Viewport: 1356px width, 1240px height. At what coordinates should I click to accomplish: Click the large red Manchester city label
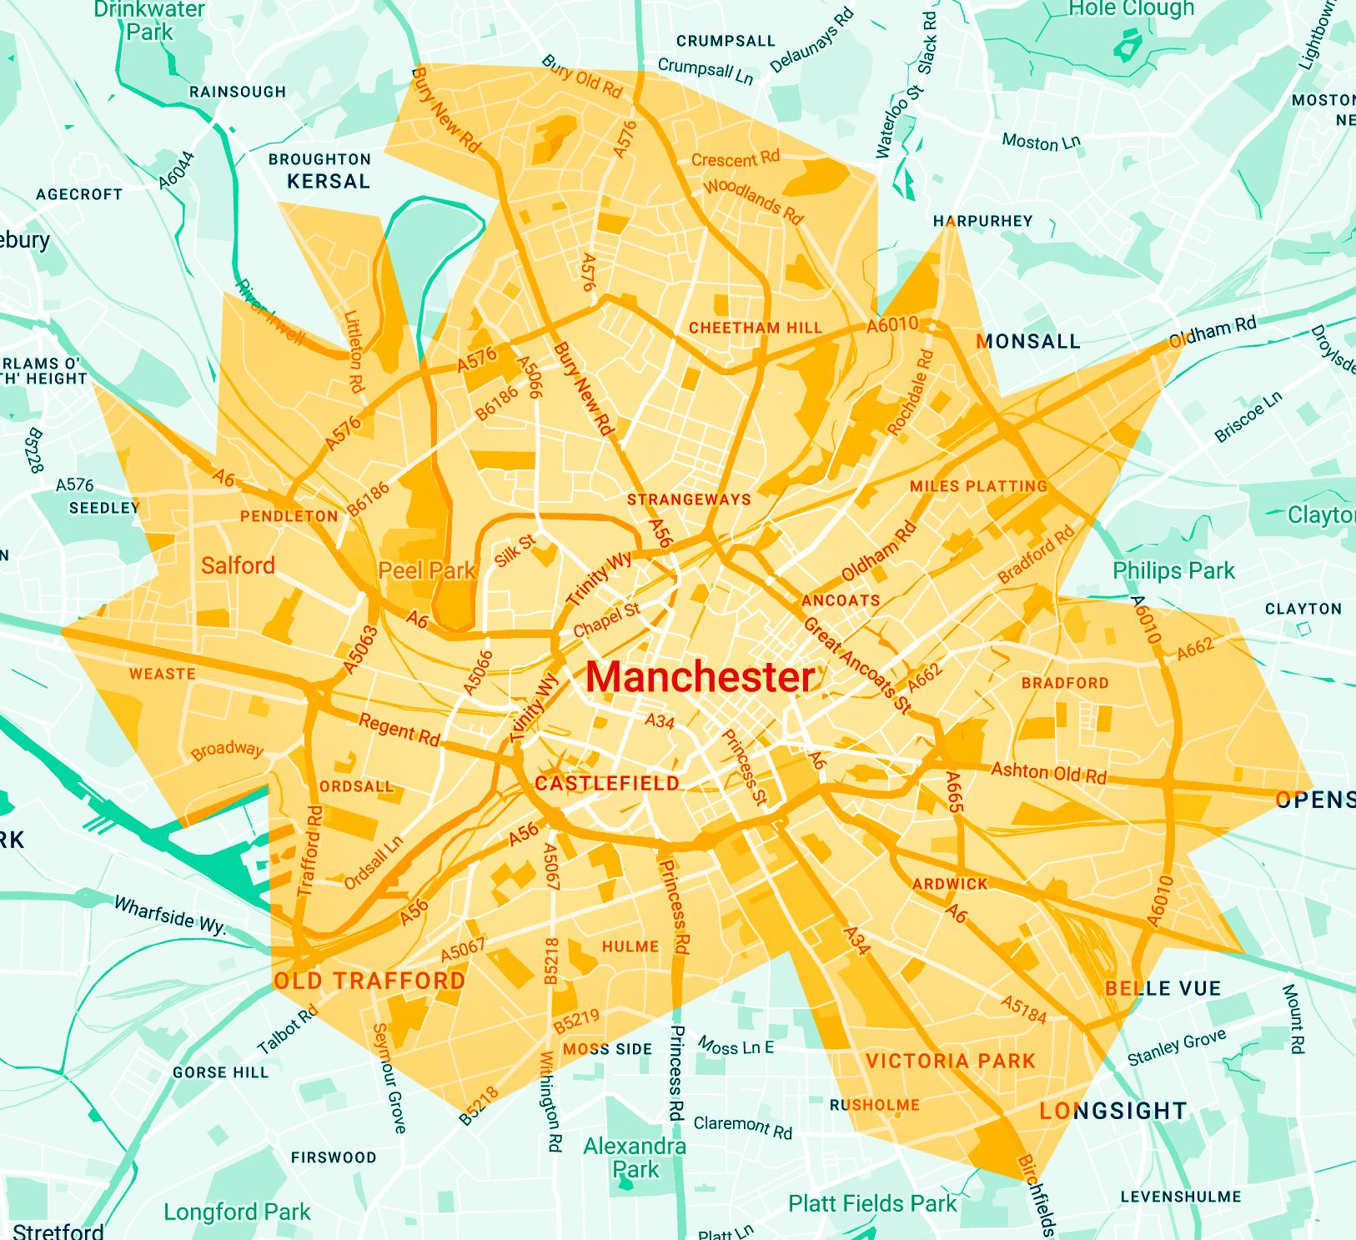(x=701, y=677)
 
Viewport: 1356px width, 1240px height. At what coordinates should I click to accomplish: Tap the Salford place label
(x=238, y=566)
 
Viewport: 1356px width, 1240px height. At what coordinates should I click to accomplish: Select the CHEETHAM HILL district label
(x=755, y=329)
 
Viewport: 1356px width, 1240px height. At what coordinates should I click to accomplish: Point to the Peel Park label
(x=426, y=571)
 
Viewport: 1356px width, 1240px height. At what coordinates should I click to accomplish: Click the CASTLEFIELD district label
(x=607, y=784)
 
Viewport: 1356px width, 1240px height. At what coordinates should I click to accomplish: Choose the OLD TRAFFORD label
(x=369, y=981)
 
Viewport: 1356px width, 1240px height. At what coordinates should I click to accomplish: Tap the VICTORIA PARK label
(x=950, y=1062)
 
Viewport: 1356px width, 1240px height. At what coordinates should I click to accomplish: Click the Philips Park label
(x=1173, y=571)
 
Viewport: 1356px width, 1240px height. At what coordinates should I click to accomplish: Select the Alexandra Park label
(x=635, y=1157)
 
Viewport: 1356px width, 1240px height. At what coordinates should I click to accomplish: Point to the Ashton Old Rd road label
(x=1048, y=773)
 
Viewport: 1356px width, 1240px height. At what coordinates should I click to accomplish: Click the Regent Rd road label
(x=399, y=730)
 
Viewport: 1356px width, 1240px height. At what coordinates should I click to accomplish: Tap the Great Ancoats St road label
(x=856, y=665)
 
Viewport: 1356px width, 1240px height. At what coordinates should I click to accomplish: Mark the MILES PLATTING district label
(x=977, y=486)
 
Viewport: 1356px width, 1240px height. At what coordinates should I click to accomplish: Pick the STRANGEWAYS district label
(x=689, y=500)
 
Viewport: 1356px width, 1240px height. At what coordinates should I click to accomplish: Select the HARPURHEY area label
(x=982, y=222)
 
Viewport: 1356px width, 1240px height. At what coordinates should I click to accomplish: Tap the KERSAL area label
(x=328, y=182)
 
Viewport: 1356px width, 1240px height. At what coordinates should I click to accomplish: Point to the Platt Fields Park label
(x=872, y=1203)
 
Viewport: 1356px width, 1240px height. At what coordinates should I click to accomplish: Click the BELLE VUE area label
(x=1163, y=989)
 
